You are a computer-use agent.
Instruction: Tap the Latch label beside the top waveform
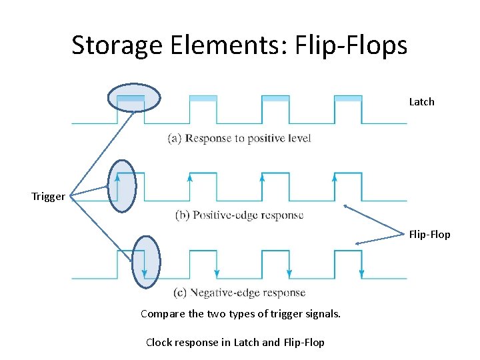click(421, 102)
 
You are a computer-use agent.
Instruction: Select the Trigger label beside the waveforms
click(48, 197)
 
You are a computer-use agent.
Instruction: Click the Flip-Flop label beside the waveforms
click(429, 235)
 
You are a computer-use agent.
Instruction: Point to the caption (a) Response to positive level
click(239, 139)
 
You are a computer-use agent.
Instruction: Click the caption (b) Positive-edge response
click(239, 215)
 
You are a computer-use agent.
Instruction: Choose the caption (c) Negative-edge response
click(239, 292)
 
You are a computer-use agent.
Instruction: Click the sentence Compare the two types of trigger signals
click(241, 313)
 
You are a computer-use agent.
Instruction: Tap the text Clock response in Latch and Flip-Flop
click(235, 343)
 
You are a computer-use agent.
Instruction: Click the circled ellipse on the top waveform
click(134, 97)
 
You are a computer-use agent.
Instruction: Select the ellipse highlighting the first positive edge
click(122, 185)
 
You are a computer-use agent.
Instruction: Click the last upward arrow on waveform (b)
click(334, 179)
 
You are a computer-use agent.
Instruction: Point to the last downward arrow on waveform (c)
click(361, 272)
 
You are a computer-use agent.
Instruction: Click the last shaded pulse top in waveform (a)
click(347, 99)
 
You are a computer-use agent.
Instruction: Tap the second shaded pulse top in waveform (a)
click(203, 99)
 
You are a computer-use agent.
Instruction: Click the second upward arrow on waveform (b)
click(190, 179)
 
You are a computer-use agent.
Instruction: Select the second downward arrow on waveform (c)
click(217, 272)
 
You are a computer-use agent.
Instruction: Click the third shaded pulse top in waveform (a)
click(275, 99)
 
